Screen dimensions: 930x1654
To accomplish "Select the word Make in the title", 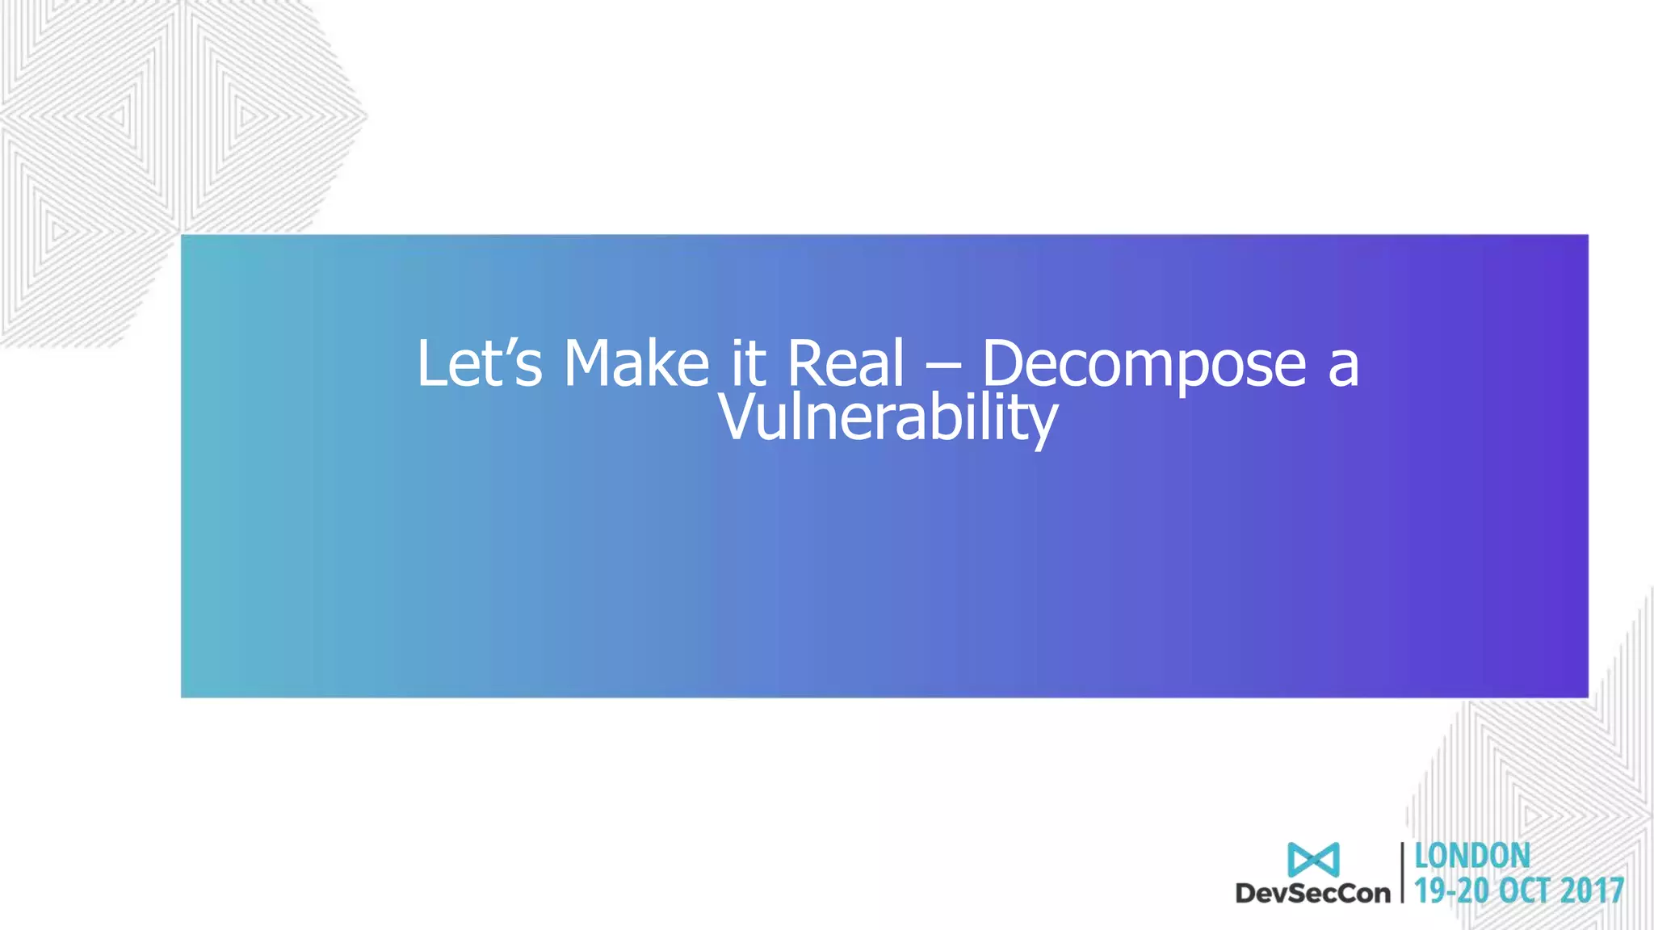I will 636,364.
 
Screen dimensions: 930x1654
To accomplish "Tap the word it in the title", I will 748,364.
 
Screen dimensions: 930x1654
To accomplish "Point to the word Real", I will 845,364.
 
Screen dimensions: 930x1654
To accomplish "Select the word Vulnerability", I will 888,419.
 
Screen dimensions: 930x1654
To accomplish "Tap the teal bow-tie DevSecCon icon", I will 1313,860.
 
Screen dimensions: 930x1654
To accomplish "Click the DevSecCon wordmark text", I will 1313,893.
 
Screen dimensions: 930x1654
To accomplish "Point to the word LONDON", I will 1472,856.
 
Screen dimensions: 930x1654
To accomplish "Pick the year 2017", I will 1592,891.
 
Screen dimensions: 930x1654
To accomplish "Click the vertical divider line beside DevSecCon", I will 1403,872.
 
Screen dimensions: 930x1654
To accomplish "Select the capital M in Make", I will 590,364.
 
